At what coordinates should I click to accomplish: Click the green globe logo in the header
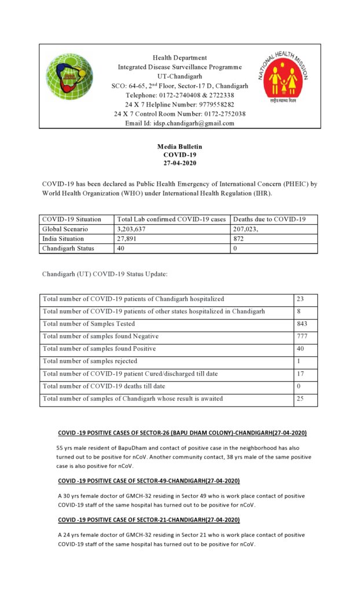[x=69, y=77]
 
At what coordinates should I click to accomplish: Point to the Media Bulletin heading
[x=179, y=147]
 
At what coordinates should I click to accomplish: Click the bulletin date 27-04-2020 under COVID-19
[x=179, y=163]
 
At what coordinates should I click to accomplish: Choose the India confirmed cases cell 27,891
[x=129, y=239]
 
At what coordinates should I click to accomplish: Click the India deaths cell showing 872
[x=239, y=239]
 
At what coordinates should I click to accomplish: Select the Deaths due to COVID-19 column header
[x=269, y=219]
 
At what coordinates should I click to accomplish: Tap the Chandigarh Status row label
[x=69, y=248]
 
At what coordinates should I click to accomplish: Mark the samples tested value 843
[x=302, y=324]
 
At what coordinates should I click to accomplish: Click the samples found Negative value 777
[x=302, y=336]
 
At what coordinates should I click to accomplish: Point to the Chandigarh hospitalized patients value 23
[x=300, y=299]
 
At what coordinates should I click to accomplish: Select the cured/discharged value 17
[x=300, y=374]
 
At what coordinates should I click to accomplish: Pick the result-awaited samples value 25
[x=300, y=398]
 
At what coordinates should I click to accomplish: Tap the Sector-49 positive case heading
[x=149, y=481]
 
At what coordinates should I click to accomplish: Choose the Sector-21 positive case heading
[x=149, y=520]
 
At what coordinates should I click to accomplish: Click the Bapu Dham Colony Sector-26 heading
[x=182, y=434]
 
